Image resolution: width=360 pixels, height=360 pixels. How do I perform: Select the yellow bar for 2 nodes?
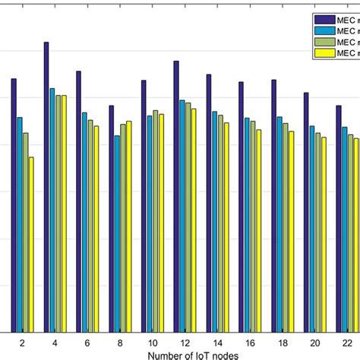click(31, 244)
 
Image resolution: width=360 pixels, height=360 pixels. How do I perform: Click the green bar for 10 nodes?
click(156, 220)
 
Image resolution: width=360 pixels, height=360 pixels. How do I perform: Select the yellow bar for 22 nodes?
click(356, 235)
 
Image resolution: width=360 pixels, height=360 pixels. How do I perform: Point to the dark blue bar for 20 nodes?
click(306, 212)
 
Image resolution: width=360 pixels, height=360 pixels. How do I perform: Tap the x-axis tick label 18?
click(282, 343)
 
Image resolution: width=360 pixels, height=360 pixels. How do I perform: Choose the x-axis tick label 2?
click(22, 343)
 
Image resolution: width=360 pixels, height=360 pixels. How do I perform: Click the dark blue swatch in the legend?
click(324, 19)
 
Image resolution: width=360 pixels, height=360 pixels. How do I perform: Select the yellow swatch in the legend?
click(324, 53)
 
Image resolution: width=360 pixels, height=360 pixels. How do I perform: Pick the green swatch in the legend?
click(324, 42)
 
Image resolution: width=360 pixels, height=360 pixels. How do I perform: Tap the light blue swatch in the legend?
click(324, 30)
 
